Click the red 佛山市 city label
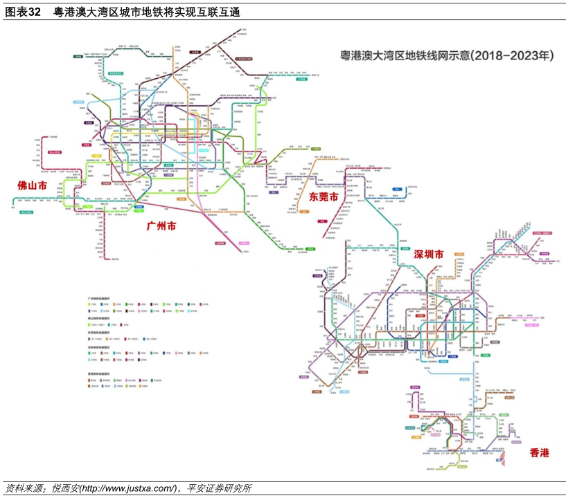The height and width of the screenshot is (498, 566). (x=32, y=185)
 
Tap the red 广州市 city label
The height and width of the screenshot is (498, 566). (x=161, y=227)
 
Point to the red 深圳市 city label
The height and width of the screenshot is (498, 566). (x=428, y=255)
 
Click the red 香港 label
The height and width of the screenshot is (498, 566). (x=539, y=453)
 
